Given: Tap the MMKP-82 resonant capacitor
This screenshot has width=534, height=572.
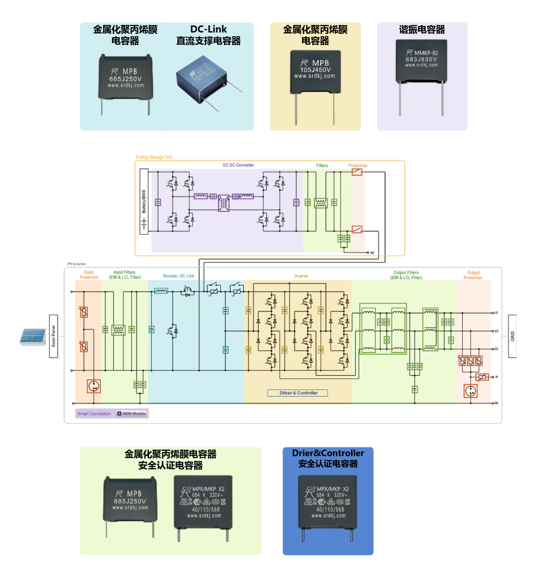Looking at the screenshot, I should [x=421, y=63].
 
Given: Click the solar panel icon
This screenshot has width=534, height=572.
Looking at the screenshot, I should [x=33, y=337].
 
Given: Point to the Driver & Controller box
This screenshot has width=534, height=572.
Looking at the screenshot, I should [x=297, y=393].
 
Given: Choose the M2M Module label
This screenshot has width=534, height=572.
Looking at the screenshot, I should [x=132, y=414].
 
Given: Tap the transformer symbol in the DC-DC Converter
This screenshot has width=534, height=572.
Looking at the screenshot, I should [x=223, y=203].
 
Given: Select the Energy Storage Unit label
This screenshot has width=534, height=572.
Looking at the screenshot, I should [x=154, y=157].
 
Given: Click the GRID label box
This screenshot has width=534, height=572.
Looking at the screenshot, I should [x=512, y=336].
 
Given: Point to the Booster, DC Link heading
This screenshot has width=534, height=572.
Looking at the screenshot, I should [x=179, y=276].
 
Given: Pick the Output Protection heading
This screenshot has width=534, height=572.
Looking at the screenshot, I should [x=473, y=275].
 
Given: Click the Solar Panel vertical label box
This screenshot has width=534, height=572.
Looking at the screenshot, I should [x=53, y=336].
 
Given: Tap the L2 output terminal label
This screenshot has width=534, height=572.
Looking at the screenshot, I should [x=496, y=331].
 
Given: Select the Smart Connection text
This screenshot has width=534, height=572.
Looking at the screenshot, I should [x=94, y=414].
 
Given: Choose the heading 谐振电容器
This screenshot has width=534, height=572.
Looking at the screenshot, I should [x=422, y=30].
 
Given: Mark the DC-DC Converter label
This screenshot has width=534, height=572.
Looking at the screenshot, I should [x=238, y=165].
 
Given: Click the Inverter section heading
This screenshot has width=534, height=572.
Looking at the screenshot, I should [x=302, y=276].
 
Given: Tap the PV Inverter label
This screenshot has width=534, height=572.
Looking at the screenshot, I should [x=77, y=264].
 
